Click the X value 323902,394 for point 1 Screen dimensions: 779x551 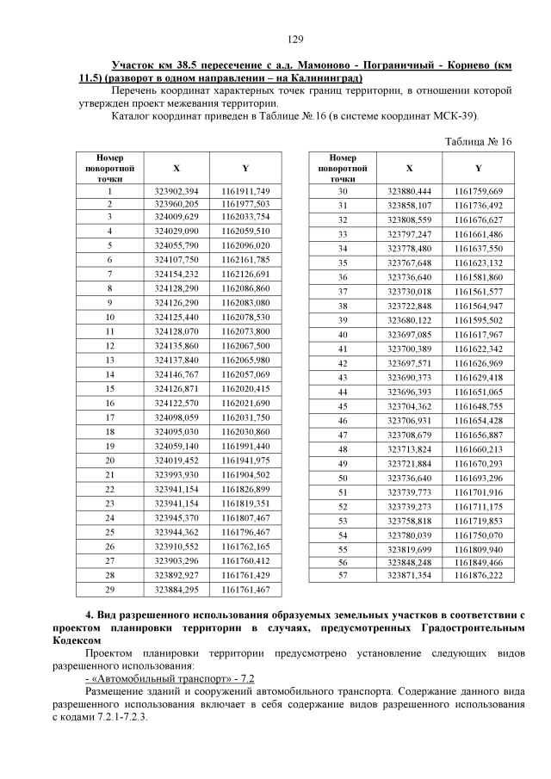tap(176, 190)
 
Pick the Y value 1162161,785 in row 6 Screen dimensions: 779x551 tap(245, 259)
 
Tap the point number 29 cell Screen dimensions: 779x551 tap(110, 590)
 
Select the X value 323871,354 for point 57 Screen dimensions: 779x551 tap(409, 575)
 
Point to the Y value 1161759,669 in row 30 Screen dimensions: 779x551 tap(479, 190)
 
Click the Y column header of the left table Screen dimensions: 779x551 tap(245, 169)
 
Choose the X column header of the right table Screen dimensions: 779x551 tap(409, 169)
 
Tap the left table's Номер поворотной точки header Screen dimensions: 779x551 tap(110, 169)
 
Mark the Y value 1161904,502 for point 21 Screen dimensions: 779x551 tap(245, 474)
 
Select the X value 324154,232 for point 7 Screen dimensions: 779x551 tap(176, 274)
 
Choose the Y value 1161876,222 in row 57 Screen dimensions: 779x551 tap(479, 575)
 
